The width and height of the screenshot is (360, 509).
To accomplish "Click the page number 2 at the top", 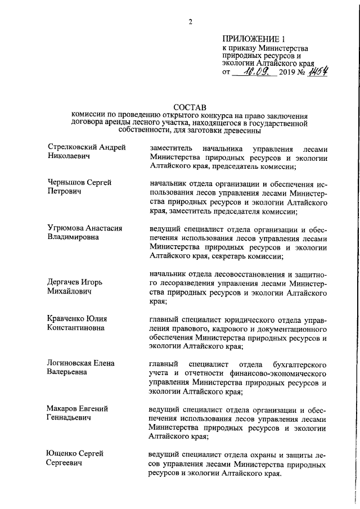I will click(191, 22).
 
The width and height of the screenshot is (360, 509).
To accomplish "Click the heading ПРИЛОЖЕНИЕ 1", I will click(254, 39).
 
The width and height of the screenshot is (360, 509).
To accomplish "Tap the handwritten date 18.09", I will click(255, 71).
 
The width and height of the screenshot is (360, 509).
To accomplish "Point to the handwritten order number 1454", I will click(318, 71).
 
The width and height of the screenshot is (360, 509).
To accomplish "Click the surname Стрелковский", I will click(70, 147).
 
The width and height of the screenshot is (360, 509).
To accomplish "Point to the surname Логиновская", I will click(68, 363).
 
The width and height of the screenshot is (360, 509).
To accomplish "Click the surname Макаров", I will click(62, 408).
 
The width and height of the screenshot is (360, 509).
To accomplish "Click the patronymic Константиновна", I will click(76, 328).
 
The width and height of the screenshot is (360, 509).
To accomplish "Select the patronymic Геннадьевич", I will click(71, 418).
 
